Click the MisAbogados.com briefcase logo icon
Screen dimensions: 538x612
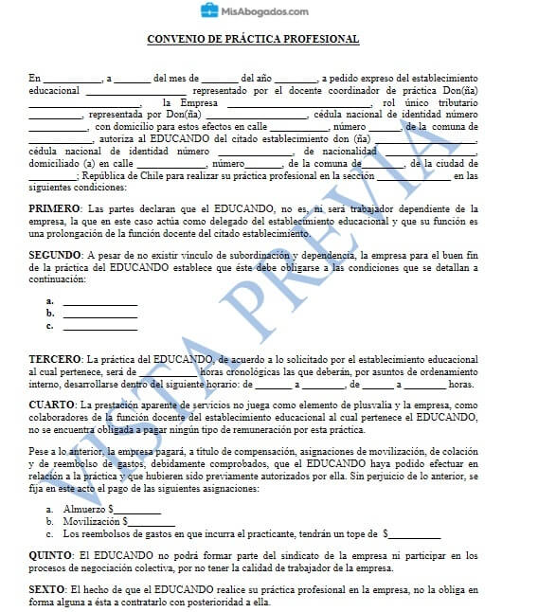(209, 11)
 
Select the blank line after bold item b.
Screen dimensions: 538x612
(99, 314)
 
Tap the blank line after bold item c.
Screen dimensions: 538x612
(99, 326)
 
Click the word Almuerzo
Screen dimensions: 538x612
(83, 509)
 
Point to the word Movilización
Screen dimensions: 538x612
(89, 521)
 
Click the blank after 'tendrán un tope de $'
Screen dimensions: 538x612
(416, 533)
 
